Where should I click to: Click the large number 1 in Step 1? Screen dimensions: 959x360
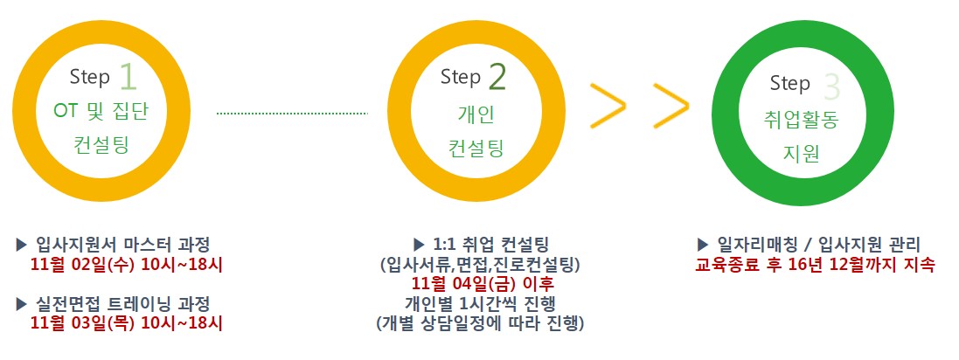click(128, 78)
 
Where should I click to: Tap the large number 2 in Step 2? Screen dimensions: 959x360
click(497, 78)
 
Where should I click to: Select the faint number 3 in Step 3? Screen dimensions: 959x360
click(831, 87)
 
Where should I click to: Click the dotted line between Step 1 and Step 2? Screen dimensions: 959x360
click(292, 113)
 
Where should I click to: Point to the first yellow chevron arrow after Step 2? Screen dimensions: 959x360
click(608, 106)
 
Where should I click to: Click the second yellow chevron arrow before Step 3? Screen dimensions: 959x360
click(671, 106)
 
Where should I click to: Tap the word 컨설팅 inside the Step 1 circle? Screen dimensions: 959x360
click(101, 145)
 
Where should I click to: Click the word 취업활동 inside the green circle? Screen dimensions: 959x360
click(801, 119)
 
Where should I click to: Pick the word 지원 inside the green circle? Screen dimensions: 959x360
click(801, 154)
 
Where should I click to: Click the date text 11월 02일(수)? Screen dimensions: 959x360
click(83, 266)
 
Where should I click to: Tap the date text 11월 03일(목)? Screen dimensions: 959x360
click(83, 323)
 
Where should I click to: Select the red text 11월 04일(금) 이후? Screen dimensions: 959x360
click(483, 284)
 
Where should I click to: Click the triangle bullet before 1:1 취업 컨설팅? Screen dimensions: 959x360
click(419, 246)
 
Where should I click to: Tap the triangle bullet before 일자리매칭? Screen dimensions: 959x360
click(703, 246)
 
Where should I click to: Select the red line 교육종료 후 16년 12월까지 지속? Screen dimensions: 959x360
click(816, 266)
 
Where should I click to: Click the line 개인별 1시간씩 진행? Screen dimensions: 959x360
click(481, 303)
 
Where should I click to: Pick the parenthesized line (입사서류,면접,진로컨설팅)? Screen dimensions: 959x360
click(480, 266)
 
